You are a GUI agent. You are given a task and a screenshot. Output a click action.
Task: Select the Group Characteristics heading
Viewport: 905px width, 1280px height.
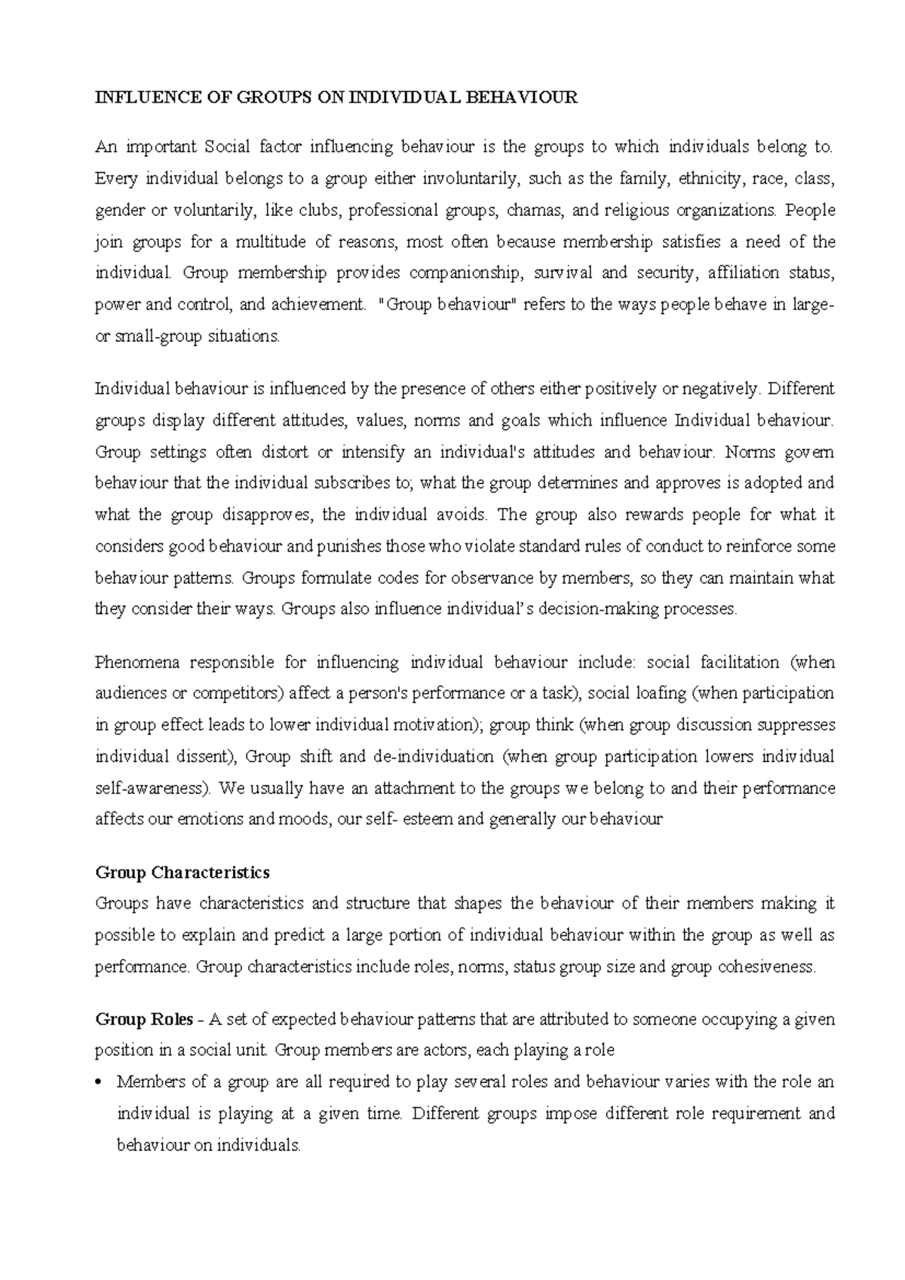[x=183, y=872]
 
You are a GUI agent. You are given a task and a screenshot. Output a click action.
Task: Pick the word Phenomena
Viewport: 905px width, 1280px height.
[x=136, y=663]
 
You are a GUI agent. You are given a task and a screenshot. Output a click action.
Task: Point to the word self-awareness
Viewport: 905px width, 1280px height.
[x=153, y=789]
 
